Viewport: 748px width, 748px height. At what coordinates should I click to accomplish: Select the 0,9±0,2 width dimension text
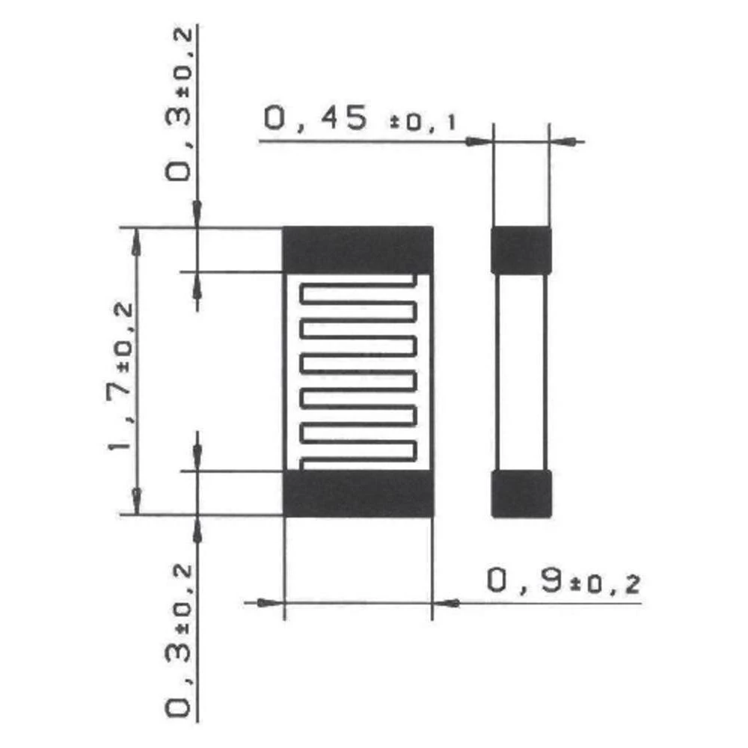click(x=563, y=582)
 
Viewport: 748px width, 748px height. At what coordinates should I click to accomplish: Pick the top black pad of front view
click(x=358, y=249)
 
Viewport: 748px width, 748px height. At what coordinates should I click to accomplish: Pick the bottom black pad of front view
click(x=358, y=494)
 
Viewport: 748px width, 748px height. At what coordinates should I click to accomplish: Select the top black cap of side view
click(x=521, y=250)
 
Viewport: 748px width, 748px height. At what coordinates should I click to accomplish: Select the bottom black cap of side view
click(x=521, y=494)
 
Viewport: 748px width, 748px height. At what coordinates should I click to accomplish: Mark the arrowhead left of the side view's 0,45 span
click(x=477, y=140)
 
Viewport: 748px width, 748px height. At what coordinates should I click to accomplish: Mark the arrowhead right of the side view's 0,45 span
click(x=562, y=140)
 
